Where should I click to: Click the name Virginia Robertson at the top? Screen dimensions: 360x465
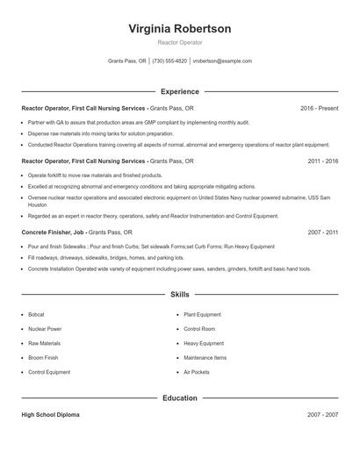coord(179,29)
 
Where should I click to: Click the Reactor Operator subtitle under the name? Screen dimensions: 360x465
coord(179,42)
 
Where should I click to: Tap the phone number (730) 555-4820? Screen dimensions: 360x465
coord(169,61)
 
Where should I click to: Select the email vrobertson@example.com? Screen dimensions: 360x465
coord(222,61)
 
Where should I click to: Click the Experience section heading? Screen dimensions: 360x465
coord(179,91)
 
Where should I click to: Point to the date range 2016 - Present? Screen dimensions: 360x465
coord(319,108)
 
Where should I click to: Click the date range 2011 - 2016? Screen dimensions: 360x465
coord(322,161)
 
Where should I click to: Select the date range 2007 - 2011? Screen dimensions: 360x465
coord(322,232)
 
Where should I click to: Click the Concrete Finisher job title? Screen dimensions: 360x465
coord(54,232)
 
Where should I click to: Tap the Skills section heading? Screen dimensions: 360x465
coord(179,295)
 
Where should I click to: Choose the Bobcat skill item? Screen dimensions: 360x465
coord(36,314)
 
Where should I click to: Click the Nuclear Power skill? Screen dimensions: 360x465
coord(45,329)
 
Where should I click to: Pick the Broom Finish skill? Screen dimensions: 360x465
coord(43,358)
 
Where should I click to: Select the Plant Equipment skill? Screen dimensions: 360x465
coord(203,314)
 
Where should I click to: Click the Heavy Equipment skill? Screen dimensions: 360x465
coord(204,343)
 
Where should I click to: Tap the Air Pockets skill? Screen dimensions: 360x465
coord(197,372)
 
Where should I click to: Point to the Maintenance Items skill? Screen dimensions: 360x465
coord(205,358)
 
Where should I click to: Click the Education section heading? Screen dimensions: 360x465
coord(179,397)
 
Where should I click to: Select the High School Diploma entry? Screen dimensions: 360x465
coord(50,415)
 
